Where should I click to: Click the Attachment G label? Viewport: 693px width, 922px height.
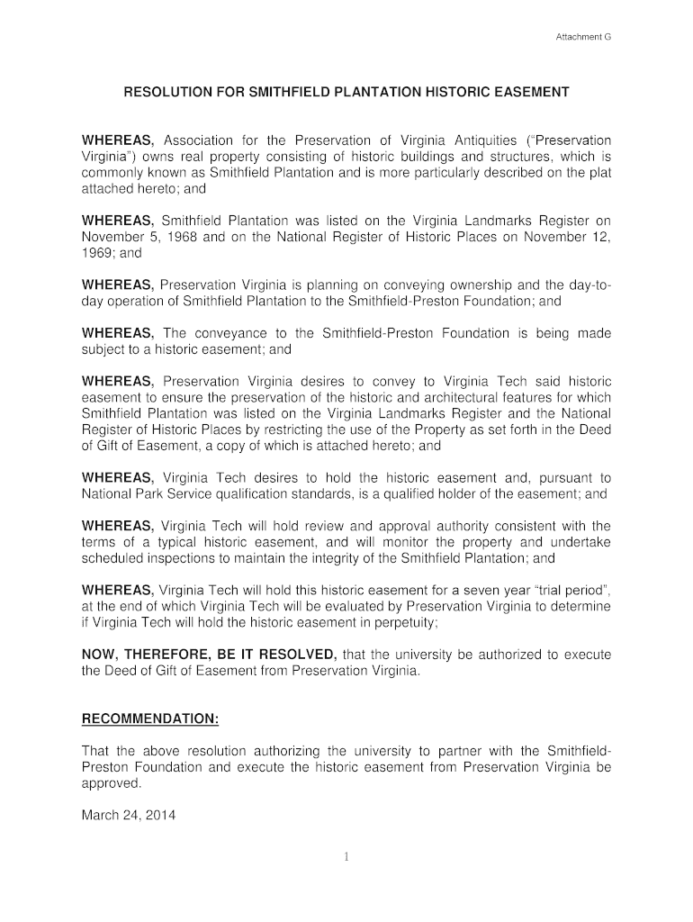(x=582, y=38)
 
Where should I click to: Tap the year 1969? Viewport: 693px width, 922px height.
(x=97, y=254)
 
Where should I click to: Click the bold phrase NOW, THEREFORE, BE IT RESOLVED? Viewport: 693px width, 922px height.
(x=210, y=655)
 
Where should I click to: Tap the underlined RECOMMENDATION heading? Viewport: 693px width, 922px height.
(x=150, y=719)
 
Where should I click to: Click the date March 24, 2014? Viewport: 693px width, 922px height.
(x=129, y=816)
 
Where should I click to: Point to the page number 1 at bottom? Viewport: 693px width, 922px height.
(x=346, y=857)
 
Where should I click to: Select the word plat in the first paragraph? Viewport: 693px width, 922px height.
(x=600, y=173)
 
